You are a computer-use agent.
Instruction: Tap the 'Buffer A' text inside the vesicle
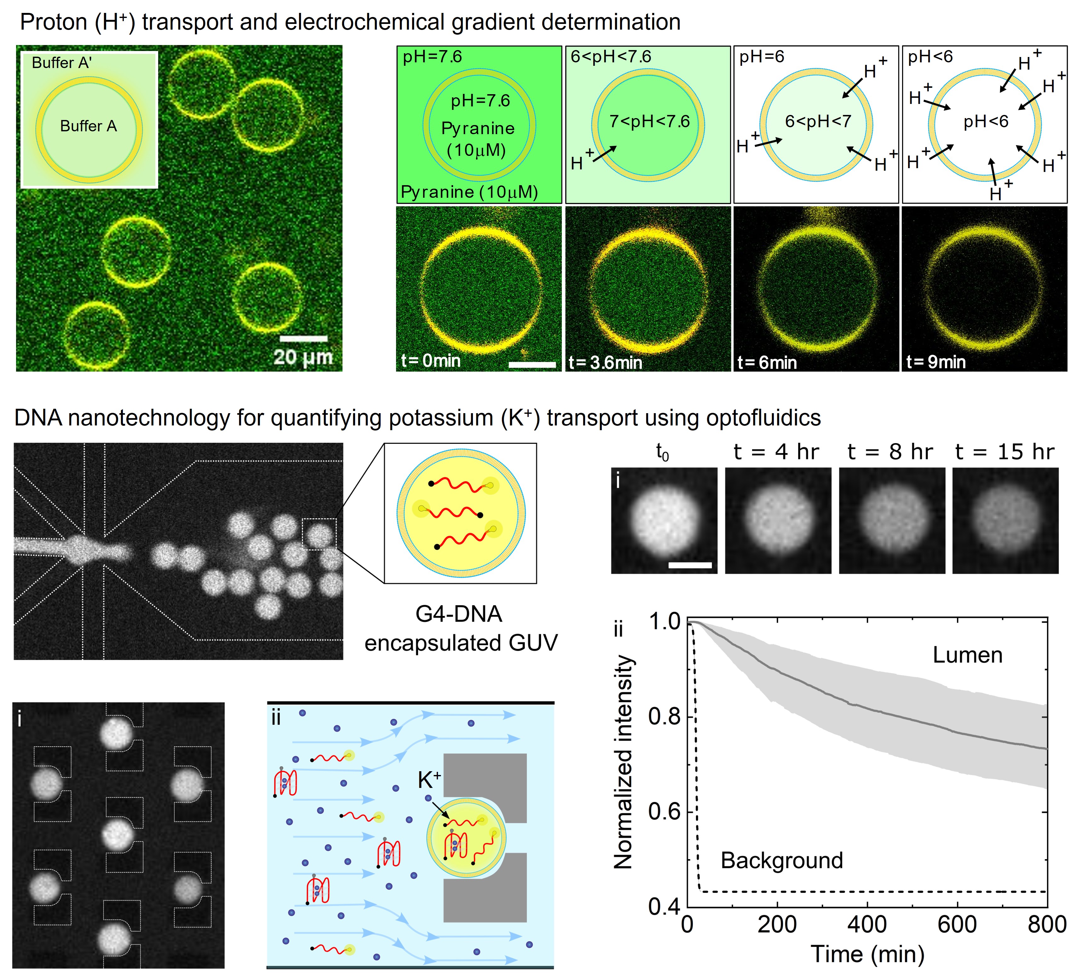(x=88, y=126)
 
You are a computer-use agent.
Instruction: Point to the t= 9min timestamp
(x=935, y=362)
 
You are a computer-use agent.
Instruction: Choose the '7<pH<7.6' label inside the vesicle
(x=650, y=122)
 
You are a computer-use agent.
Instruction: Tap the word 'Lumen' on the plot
(x=967, y=655)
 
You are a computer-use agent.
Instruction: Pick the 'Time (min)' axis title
(x=867, y=954)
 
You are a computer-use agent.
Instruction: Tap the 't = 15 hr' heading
(x=1004, y=452)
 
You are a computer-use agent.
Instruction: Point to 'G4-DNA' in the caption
(x=458, y=614)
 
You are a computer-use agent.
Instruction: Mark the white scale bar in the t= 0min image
(x=532, y=365)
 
